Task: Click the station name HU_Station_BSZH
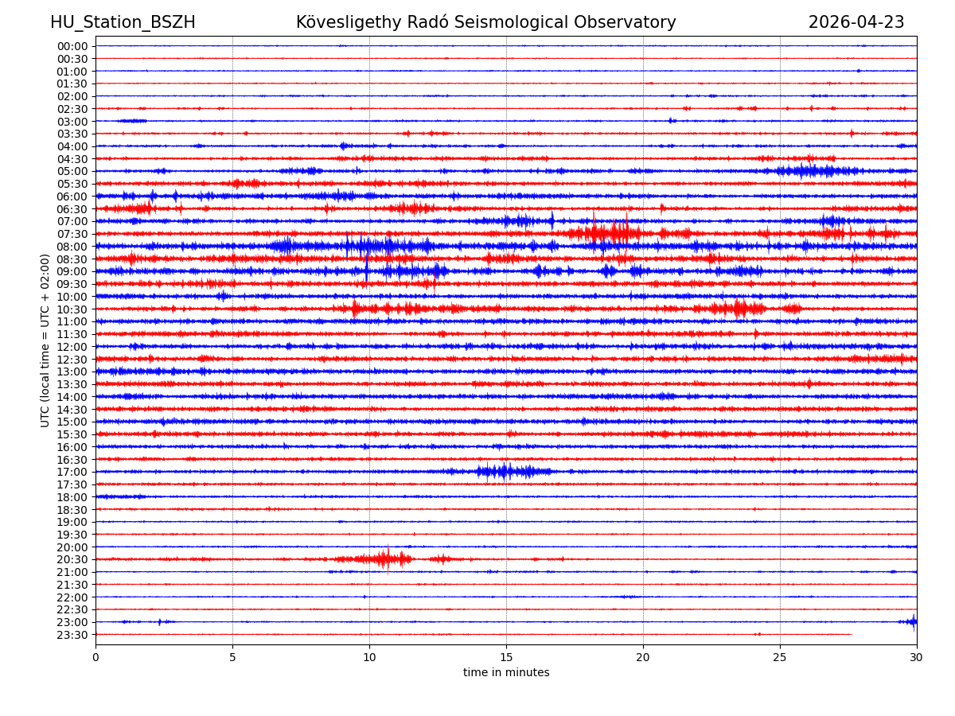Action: pyautogui.click(x=123, y=23)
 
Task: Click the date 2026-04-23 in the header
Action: pyautogui.click(x=856, y=23)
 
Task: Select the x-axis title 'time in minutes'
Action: pyautogui.click(x=506, y=673)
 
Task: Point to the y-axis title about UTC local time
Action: pyautogui.click(x=45, y=340)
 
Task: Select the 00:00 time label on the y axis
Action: pyautogui.click(x=72, y=46)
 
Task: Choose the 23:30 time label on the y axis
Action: pyautogui.click(x=72, y=635)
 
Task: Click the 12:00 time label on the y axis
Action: pyautogui.click(x=72, y=347)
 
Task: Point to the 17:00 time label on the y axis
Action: pyautogui.click(x=72, y=472)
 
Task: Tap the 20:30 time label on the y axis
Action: pyautogui.click(x=72, y=559)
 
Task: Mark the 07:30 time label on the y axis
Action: pyautogui.click(x=72, y=234)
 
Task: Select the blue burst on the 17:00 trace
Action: pyautogui.click(x=505, y=472)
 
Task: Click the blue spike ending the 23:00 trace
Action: pyautogui.click(x=912, y=621)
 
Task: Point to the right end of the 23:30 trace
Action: pyautogui.click(x=851, y=634)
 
